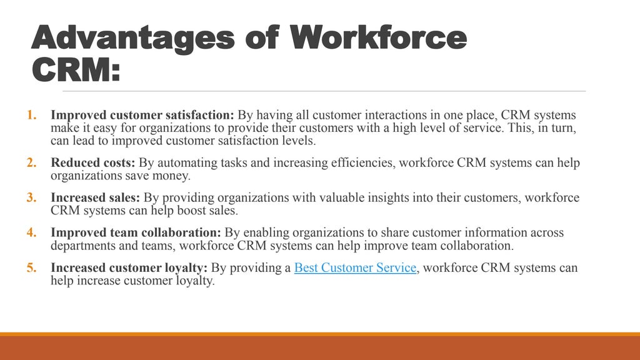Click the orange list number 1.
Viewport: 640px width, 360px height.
tap(32, 116)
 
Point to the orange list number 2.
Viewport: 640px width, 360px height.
tap(32, 163)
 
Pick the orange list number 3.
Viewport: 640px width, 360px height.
tap(32, 198)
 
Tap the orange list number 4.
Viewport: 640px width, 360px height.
tap(32, 233)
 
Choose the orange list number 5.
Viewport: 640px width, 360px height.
tap(32, 268)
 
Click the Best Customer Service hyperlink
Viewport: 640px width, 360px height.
tap(355, 268)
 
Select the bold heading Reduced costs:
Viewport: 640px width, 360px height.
tap(93, 163)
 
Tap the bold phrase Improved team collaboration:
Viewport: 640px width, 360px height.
tap(136, 233)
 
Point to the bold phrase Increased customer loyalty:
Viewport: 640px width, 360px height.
tap(129, 268)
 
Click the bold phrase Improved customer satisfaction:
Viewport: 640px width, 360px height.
tap(142, 116)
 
